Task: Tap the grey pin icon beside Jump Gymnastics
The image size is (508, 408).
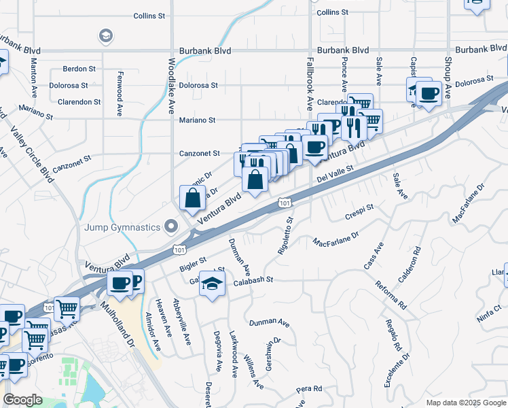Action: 171,227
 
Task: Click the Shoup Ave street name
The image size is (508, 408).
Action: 448,70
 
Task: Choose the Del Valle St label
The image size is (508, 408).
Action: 335,174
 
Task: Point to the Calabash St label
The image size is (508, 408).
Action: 253,280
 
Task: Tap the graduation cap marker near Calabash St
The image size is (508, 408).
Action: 212,284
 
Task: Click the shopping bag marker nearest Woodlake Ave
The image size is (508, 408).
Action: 193,198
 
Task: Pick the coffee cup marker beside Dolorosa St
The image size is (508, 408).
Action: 429,93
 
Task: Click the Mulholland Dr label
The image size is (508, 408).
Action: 120,330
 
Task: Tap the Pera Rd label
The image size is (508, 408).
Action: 309,389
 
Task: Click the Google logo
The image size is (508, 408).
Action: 22,400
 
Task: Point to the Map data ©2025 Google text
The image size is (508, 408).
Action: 466,403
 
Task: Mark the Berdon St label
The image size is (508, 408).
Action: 79,69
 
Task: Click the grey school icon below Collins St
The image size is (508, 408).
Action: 105,35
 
